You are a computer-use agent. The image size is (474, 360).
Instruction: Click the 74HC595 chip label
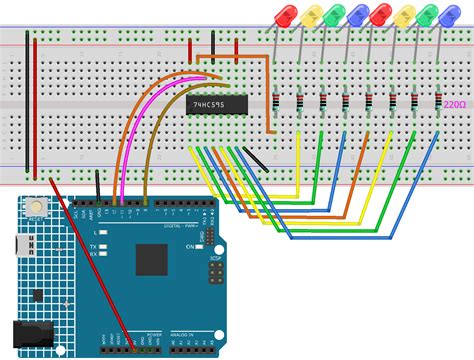point(207,102)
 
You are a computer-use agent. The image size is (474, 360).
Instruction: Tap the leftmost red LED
point(284,15)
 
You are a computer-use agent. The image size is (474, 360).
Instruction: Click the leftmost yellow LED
point(311,15)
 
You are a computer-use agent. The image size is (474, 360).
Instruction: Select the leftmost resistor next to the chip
point(275,101)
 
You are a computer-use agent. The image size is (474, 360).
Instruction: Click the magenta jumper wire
point(150,110)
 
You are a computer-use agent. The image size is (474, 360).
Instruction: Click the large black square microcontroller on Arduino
point(151,259)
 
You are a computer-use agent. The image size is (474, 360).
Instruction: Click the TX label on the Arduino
point(92,245)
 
